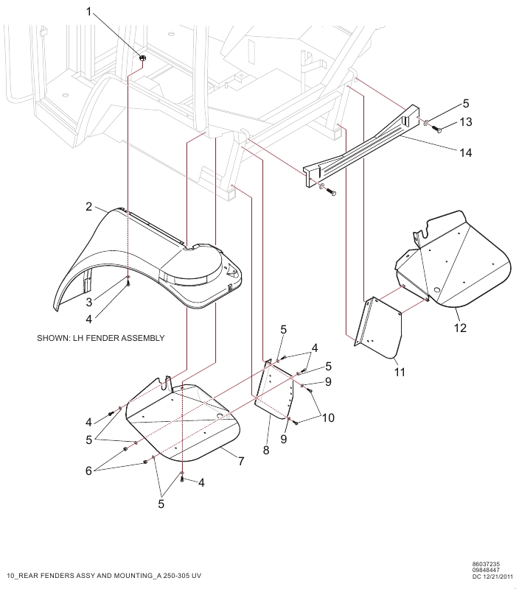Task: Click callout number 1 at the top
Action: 89,13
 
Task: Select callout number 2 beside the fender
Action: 89,207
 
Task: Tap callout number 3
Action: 88,302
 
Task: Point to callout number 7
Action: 240,461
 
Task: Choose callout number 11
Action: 400,373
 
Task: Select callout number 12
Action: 460,328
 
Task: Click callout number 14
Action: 465,153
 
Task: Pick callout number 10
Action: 328,417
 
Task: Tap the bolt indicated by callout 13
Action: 436,129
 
